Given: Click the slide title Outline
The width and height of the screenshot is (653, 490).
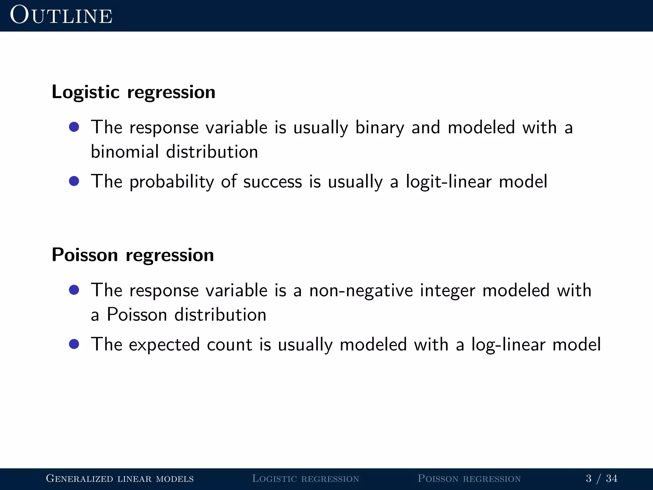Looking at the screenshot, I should click(61, 15).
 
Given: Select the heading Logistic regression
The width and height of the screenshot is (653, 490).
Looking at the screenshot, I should click(133, 92).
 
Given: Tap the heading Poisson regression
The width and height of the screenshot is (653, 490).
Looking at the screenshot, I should click(133, 255).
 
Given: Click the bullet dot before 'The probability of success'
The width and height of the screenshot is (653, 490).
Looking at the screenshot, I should click(74, 181).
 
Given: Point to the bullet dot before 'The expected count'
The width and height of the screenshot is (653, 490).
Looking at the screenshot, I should click(74, 344).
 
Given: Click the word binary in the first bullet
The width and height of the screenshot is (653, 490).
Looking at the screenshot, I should click(379, 128).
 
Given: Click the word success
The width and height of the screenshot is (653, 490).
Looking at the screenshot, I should click(272, 182).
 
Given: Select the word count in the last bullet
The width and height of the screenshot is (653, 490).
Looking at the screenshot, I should click(229, 345).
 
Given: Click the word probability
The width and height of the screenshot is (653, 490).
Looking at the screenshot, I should click(172, 182).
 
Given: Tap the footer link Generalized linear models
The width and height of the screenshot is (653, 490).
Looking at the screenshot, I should click(120, 479).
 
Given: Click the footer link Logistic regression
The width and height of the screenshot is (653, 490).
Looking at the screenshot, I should click(305, 479).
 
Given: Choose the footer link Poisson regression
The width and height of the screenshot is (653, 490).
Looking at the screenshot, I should click(469, 479).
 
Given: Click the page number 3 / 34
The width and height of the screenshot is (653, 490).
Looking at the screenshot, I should click(601, 479).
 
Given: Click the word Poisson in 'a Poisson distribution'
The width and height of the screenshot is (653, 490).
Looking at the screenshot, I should click(137, 315).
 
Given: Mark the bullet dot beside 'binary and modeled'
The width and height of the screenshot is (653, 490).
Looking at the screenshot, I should click(74, 127).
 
